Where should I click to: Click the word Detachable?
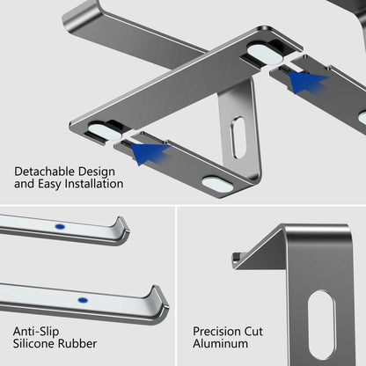tap(45, 171)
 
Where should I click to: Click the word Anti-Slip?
tap(36, 331)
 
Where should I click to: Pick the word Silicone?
tap(35, 345)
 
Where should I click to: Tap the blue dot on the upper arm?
tap(60, 226)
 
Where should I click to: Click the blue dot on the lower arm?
tap(83, 300)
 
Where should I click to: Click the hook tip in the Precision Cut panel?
tap(236, 259)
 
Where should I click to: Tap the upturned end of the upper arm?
tap(122, 230)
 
